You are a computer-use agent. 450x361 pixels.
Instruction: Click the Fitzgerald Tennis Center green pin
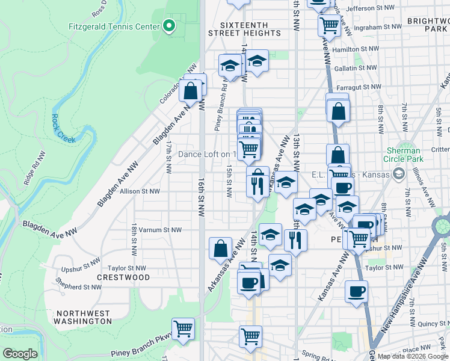[169, 26]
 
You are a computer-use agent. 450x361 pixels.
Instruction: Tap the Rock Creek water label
[63, 129]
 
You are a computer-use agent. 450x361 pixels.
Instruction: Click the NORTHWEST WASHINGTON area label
[82, 317]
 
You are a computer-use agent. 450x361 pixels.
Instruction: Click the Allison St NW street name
[140, 191]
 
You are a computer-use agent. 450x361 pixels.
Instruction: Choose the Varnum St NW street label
[160, 230]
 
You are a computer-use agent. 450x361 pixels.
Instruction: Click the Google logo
[20, 354]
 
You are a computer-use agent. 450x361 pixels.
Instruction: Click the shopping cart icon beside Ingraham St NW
[329, 25]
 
